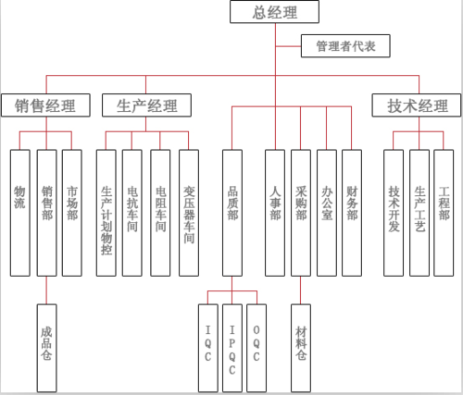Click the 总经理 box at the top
pyautogui.click(x=275, y=12)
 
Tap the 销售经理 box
pyautogui.click(x=45, y=105)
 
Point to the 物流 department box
pyautogui.click(x=19, y=212)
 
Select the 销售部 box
pyautogui.click(x=45, y=212)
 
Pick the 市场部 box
pyautogui.click(x=72, y=212)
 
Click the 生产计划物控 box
pyautogui.click(x=106, y=212)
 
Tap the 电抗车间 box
pyautogui.click(x=132, y=212)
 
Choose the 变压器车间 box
pyautogui.click(x=189, y=212)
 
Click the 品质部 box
pyautogui.click(x=231, y=212)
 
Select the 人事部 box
pyautogui.click(x=275, y=212)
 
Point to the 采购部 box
pyautogui.click(x=301, y=212)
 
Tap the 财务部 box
pyautogui.click(x=352, y=212)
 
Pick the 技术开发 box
pyautogui.click(x=394, y=212)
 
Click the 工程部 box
pyautogui.click(x=444, y=212)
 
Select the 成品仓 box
pyautogui.click(x=45, y=343)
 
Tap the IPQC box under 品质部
pyautogui.click(x=231, y=343)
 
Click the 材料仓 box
pyautogui.click(x=301, y=343)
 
